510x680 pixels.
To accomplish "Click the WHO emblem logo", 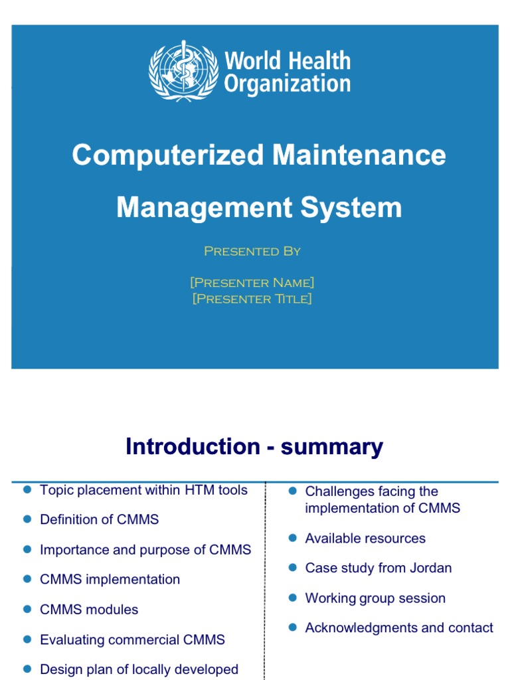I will click(184, 70).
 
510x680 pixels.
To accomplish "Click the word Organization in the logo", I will click(287, 84).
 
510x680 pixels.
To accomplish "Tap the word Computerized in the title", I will click(168, 155).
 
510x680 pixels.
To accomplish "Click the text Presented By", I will click(252, 251).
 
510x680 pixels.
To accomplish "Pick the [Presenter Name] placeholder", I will click(252, 283).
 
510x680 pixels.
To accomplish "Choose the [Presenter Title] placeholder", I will click(252, 299).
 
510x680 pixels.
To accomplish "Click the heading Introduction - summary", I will click(254, 447).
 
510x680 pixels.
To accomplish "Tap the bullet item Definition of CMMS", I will click(100, 519).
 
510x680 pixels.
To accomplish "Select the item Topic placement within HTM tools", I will click(143, 490).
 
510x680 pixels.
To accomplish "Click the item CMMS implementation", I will click(110, 579).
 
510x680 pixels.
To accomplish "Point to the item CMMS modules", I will click(89, 610).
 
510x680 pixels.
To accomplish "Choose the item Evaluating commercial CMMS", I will click(132, 639).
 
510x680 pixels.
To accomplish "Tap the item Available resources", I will click(365, 538).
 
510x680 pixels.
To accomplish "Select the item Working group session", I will click(375, 598).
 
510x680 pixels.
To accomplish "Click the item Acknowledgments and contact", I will click(399, 628).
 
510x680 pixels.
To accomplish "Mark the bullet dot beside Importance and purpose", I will click(27, 549).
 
